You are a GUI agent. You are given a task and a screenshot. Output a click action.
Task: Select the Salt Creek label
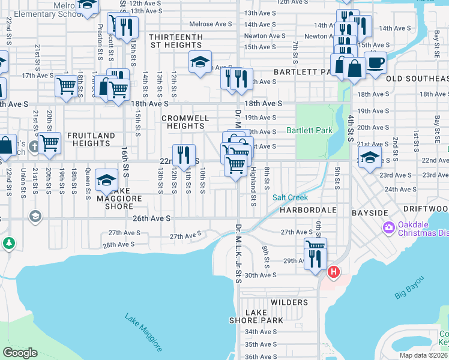[290, 197]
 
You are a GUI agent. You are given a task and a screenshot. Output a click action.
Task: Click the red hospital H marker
[334, 272]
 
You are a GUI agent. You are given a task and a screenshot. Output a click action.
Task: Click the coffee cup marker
[375, 62]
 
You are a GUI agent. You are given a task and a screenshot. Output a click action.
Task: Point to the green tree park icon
[9, 243]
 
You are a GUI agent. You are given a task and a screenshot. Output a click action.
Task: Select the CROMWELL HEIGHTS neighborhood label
[185, 122]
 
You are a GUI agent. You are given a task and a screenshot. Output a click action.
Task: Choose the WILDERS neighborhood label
[289, 302]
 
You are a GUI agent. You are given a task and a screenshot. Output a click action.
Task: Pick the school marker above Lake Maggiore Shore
[106, 179]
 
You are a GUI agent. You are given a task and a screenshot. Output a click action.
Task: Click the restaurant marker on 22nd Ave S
[184, 155]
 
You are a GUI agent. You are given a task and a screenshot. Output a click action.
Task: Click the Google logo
[20, 352]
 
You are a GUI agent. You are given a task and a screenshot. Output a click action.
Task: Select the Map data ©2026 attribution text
[423, 355]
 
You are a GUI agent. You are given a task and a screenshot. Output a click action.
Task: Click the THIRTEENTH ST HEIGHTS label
[176, 41]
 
